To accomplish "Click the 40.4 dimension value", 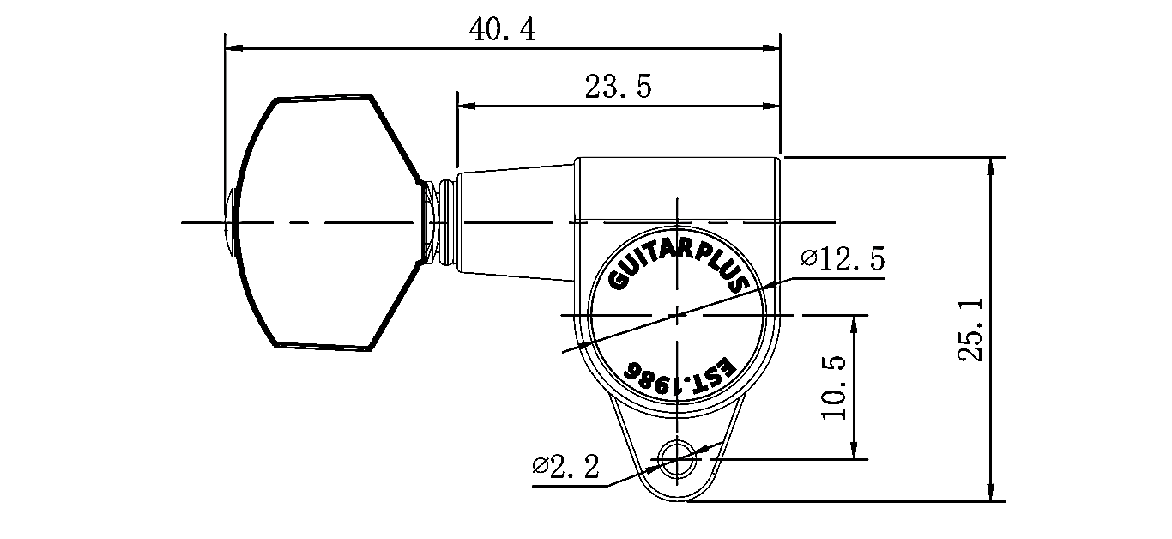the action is [502, 29].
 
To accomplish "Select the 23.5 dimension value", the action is [618, 87].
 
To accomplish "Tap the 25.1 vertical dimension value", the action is [970, 330].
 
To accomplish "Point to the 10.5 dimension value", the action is [833, 387].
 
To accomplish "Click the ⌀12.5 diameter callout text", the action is [843, 258].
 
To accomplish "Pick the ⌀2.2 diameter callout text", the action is [565, 466].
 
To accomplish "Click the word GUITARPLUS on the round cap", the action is [678, 266].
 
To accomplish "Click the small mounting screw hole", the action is [678, 460].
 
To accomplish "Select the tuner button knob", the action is [329, 222].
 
